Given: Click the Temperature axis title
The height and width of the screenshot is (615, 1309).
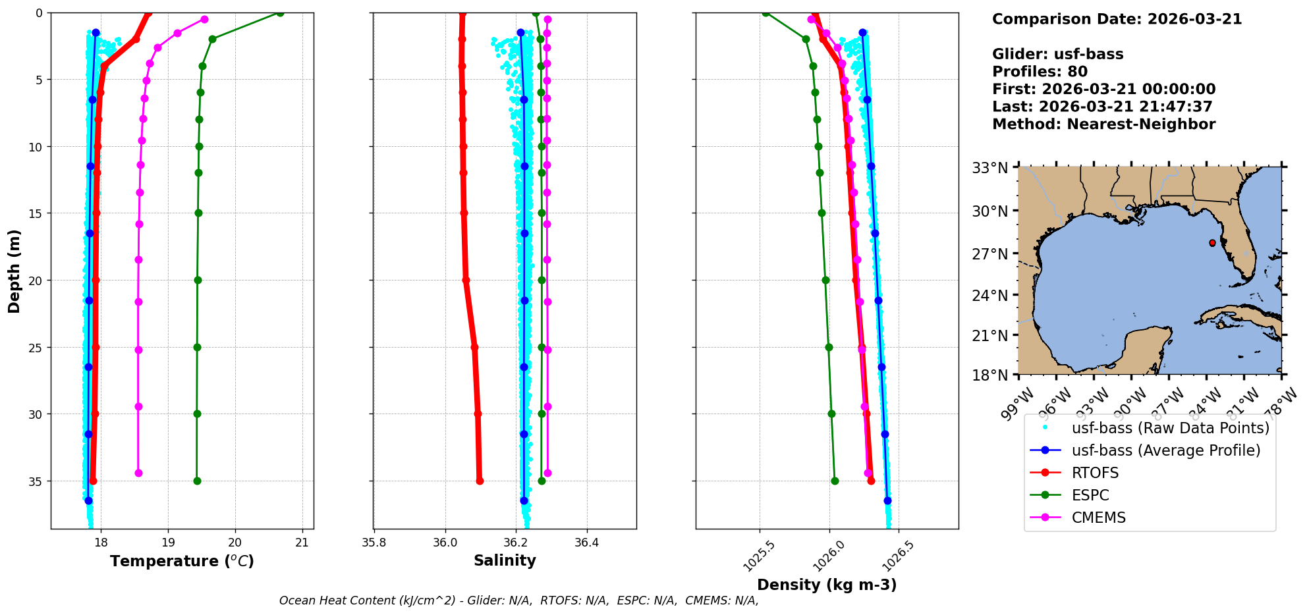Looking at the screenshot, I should tap(182, 561).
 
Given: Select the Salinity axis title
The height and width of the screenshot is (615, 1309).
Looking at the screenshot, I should tap(505, 560).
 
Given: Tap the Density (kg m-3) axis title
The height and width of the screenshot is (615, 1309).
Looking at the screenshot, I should tap(827, 585).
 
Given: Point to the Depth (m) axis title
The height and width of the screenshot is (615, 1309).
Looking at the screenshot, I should tap(14, 271).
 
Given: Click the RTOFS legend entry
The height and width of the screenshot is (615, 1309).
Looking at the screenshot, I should tap(1095, 473).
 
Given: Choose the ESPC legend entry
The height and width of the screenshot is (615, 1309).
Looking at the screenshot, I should tap(1090, 495).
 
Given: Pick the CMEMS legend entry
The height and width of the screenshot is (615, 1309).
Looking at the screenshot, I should tap(1098, 518).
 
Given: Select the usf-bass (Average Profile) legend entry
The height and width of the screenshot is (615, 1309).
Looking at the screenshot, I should tap(1165, 450).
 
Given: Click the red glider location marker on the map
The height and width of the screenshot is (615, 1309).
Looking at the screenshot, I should tap(1212, 243).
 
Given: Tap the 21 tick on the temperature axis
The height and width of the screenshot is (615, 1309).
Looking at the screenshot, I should tap(302, 543).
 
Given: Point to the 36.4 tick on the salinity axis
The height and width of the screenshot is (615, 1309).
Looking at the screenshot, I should tap(586, 543).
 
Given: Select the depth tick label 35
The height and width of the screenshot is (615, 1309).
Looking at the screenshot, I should tap(34, 481).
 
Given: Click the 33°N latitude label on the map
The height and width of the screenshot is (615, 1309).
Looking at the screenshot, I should tap(990, 168).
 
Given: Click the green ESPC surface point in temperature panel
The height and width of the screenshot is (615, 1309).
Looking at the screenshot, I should tap(280, 13).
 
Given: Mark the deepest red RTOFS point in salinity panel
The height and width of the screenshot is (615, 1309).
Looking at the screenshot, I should tap(480, 481).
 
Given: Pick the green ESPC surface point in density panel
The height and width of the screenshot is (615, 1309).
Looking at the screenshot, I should tap(766, 13).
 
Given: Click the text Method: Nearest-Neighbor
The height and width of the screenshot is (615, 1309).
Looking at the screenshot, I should tap(1103, 124).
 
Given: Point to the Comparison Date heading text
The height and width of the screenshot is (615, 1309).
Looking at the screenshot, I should tap(1117, 19).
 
